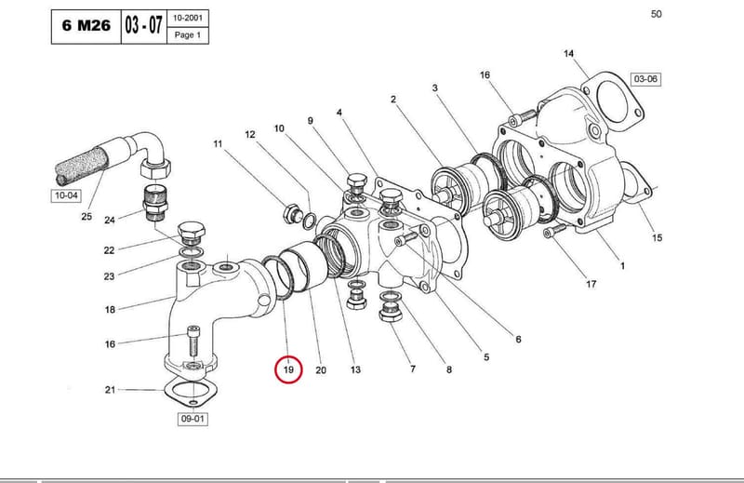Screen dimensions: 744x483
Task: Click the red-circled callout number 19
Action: pyautogui.click(x=288, y=369)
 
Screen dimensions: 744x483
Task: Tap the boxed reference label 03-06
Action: pyautogui.click(x=645, y=79)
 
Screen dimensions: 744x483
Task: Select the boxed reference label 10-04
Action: pyautogui.click(x=66, y=195)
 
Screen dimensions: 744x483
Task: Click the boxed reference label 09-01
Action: pyautogui.click(x=193, y=419)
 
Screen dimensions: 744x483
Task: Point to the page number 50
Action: pyautogui.click(x=656, y=14)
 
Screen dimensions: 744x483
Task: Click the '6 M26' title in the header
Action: pyautogui.click(x=86, y=25)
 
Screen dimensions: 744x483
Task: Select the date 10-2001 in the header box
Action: pyautogui.click(x=188, y=18)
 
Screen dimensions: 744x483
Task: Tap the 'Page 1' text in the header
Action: pyautogui.click(x=188, y=35)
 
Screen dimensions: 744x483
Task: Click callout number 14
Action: pyautogui.click(x=568, y=53)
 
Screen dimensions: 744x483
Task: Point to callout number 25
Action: pyautogui.click(x=86, y=216)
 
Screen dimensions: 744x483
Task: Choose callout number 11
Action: pyautogui.click(x=218, y=143)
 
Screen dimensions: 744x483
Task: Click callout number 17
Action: pyautogui.click(x=591, y=284)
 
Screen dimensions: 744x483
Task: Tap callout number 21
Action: pyautogui.click(x=110, y=390)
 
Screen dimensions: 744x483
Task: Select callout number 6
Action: pyautogui.click(x=518, y=339)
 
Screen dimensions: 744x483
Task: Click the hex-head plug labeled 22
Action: pyautogui.click(x=192, y=232)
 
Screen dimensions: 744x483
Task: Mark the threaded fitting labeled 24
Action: pyautogui.click(x=154, y=203)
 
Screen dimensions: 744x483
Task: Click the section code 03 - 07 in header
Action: pyautogui.click(x=144, y=25)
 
